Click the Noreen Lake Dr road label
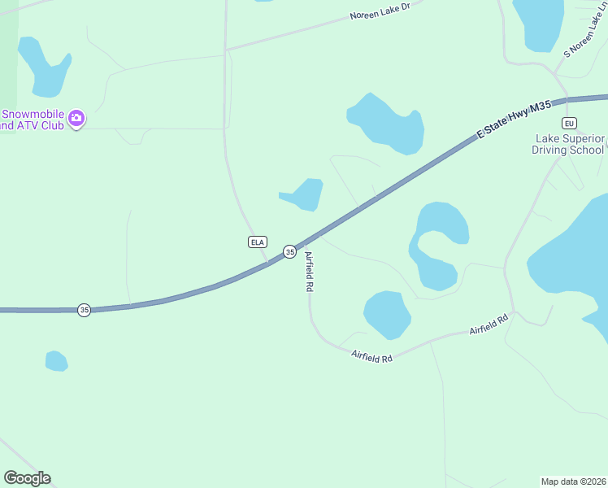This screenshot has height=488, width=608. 380,15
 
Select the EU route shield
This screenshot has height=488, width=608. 570,123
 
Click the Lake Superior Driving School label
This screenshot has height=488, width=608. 568,144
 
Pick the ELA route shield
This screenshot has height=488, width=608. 257,242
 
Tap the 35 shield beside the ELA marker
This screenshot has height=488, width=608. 289,252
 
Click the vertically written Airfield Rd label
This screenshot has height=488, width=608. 309,271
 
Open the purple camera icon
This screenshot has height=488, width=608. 76,119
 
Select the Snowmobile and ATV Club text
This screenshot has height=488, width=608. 33,120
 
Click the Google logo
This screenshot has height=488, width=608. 27,478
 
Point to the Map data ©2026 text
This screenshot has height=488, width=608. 573,481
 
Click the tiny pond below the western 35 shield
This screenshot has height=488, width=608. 56,360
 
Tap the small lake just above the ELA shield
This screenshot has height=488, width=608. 305,194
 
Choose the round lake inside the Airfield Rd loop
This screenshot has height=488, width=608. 387,314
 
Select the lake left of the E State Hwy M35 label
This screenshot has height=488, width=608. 388,123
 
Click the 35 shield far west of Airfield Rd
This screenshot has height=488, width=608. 84,310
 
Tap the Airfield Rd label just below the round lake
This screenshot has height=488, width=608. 371,356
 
